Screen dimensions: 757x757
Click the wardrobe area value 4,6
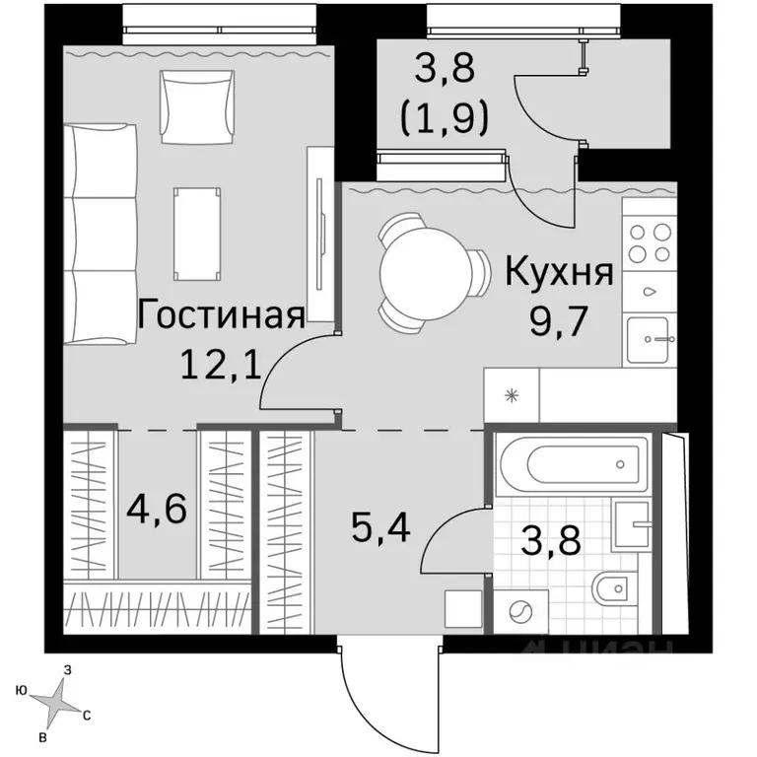157,511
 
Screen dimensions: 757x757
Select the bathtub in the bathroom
571,461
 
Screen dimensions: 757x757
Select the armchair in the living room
191,98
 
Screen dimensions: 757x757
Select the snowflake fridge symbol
511,397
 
